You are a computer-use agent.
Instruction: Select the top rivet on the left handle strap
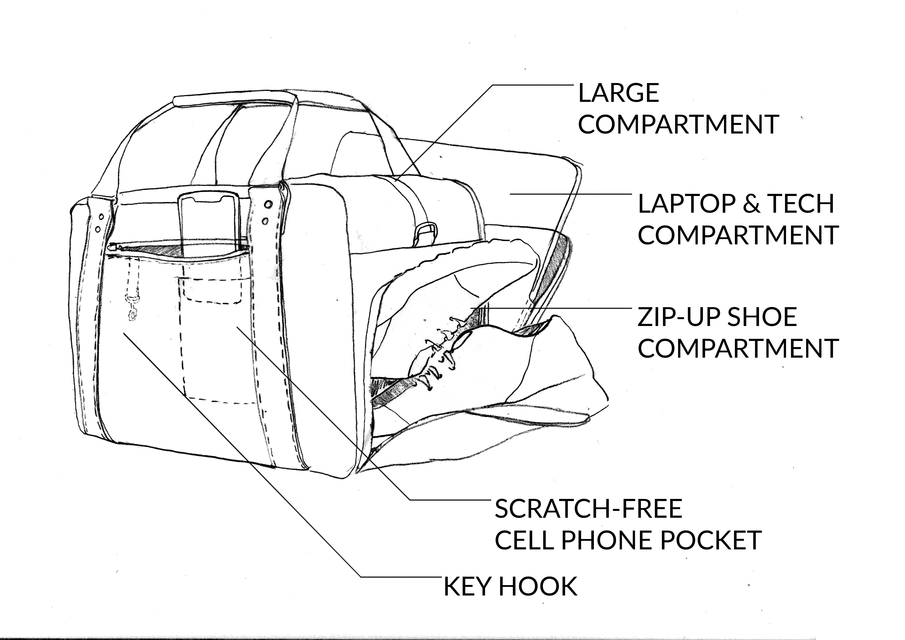[x=101, y=217]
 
